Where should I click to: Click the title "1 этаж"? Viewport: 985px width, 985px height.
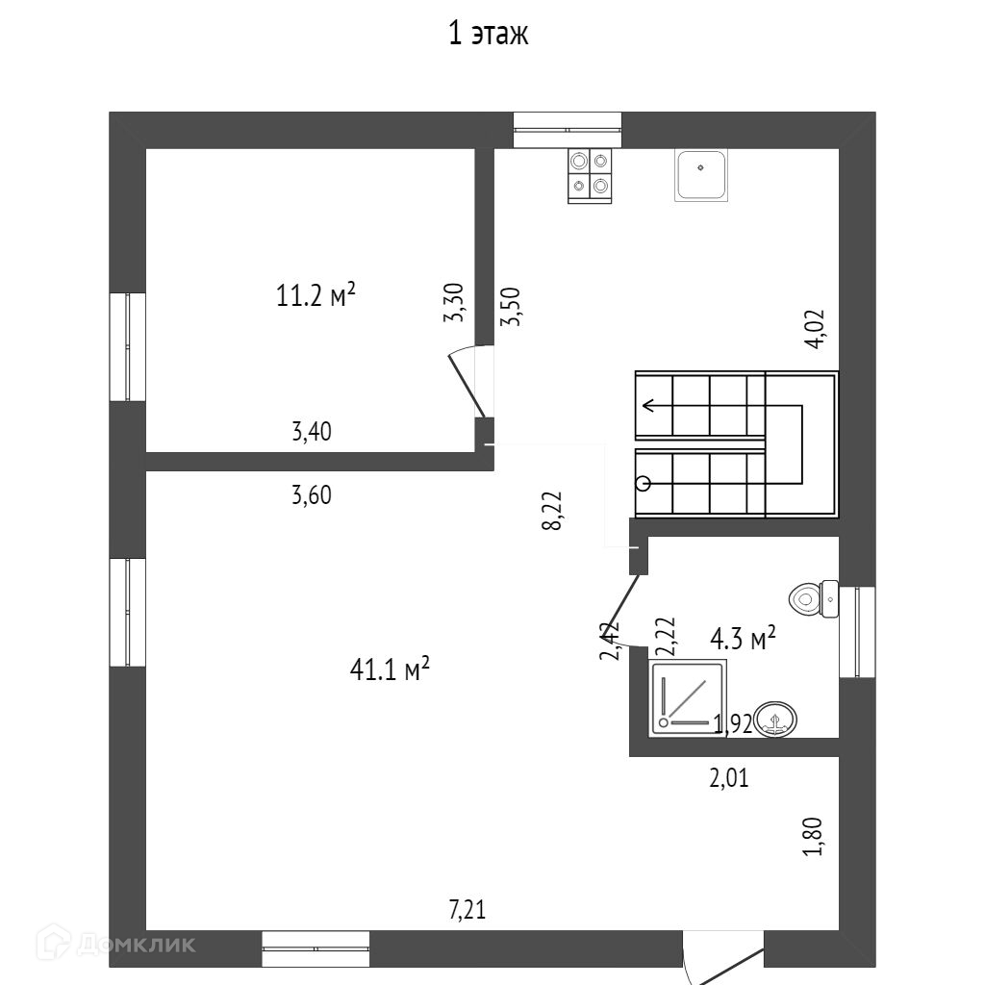(489, 36)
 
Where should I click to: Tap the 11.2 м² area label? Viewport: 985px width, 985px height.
(316, 295)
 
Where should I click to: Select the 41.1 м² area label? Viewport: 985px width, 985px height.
(389, 669)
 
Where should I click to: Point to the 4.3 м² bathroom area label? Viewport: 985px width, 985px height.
(743, 638)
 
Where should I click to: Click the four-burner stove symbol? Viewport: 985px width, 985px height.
(590, 174)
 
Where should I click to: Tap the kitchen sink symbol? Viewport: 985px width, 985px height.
(701, 176)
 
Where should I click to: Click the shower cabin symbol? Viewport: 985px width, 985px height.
(689, 696)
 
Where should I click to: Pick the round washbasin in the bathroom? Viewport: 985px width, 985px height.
(775, 719)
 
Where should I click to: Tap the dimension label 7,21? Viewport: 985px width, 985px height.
(467, 909)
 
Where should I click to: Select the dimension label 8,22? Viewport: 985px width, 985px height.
(552, 510)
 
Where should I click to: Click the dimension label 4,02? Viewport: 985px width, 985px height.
(815, 329)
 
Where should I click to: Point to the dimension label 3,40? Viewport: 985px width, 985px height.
(312, 432)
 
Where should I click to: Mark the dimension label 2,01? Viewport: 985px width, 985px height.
(729, 777)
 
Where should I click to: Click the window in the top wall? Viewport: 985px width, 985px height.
(567, 130)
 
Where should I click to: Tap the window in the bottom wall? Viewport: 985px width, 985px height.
(316, 947)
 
